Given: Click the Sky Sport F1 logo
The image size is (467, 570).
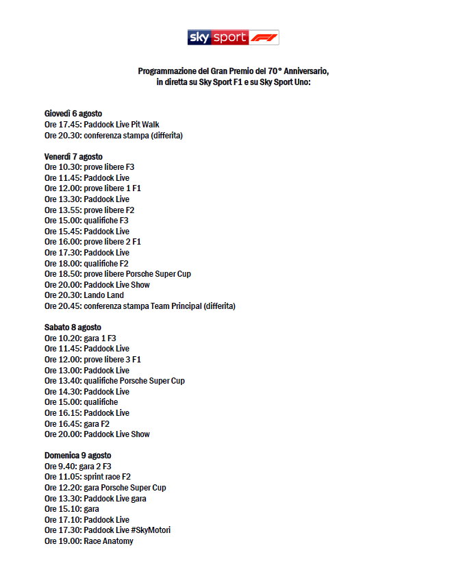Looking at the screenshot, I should (233, 38).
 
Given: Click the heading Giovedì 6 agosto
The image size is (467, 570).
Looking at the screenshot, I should (73, 114).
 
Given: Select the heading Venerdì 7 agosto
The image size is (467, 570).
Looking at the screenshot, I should (73, 157).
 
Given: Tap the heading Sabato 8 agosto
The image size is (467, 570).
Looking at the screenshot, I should (73, 327).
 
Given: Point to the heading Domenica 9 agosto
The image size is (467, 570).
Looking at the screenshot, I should (77, 456).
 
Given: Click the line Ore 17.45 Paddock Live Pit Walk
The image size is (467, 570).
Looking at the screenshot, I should (102, 125).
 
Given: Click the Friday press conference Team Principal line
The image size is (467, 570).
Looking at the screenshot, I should (140, 306).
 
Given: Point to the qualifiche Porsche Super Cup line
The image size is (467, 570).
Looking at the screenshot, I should (114, 381).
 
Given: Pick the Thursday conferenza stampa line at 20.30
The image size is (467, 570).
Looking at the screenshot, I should (114, 136).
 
